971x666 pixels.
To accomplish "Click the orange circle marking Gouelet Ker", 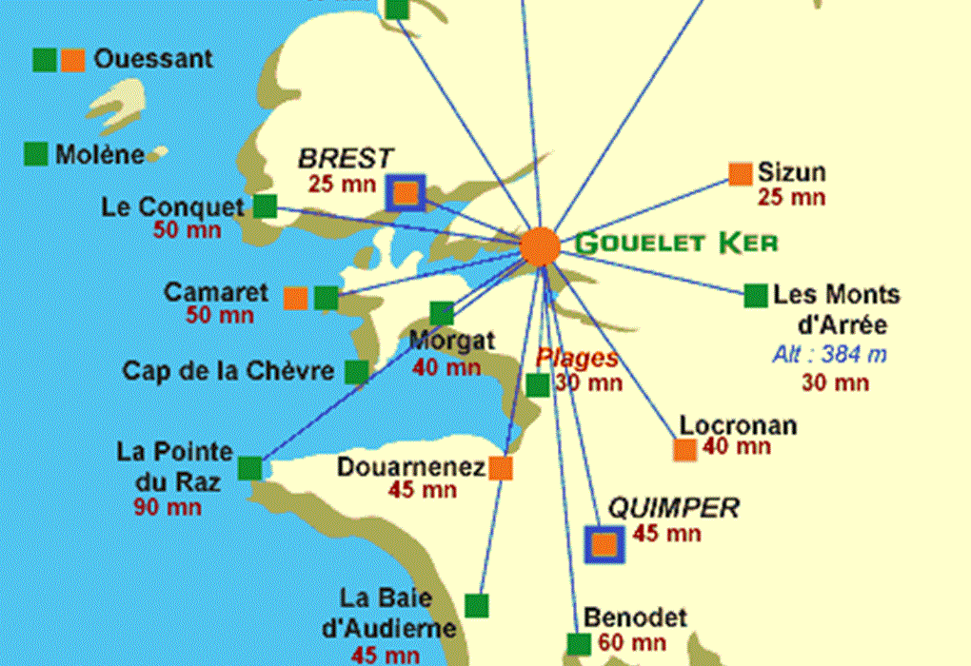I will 540,246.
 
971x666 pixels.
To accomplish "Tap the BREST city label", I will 346,158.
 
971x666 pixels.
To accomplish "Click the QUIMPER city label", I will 673,508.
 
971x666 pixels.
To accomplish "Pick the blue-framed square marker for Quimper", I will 604,544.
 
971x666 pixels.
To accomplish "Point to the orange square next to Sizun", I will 740,173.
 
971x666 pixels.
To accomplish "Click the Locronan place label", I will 738,425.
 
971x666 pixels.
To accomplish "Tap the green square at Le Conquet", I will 265,206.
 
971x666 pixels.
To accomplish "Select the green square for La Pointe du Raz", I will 249,468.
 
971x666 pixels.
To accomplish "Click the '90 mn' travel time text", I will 168,507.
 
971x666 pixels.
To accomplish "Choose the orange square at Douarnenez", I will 501,468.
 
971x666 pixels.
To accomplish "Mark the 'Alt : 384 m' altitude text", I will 830,356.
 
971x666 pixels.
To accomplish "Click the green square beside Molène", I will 36,154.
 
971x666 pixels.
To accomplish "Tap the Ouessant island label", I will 153,59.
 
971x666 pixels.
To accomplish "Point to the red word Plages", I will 577,359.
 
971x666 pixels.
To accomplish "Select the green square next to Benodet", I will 578,644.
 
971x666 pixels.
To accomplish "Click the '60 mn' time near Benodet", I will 633,643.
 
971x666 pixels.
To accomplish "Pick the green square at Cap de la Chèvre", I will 356,372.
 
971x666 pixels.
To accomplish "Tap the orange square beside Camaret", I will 295,299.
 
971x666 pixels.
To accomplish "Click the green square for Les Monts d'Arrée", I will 756,296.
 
